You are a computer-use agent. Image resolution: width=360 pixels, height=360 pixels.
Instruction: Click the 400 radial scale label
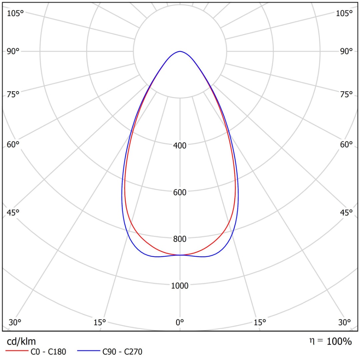click(x=180, y=145)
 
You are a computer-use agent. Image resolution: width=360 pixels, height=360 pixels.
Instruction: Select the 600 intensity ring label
click(x=180, y=192)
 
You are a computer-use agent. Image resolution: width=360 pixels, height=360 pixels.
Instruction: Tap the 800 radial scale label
click(x=180, y=239)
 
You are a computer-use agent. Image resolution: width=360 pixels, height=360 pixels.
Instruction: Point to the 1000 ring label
click(x=180, y=286)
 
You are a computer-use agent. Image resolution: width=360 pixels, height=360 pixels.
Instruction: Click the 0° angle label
click(x=180, y=322)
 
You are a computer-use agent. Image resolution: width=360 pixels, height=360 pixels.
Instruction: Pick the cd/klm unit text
click(x=21, y=341)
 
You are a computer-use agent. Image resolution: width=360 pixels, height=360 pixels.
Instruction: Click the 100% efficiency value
click(x=339, y=341)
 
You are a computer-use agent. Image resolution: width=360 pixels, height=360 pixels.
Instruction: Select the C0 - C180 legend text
click(x=48, y=351)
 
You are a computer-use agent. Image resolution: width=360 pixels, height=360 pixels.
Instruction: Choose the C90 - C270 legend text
click(x=122, y=351)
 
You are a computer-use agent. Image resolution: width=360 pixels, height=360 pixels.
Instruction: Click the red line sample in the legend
click(x=16, y=351)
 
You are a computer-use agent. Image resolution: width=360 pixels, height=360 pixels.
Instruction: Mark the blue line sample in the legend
click(x=88, y=351)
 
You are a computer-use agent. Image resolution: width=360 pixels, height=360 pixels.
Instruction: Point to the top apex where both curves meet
click(x=180, y=51)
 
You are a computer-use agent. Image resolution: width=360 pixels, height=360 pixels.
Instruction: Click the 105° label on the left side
click(x=15, y=13)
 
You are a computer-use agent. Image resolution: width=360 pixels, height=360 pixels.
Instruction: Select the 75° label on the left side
click(x=13, y=95)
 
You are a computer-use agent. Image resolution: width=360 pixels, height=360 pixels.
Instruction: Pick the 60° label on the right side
click(x=346, y=145)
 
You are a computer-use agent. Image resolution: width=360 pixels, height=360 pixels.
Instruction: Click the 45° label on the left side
click(x=13, y=213)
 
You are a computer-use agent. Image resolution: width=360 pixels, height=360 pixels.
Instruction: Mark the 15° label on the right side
click(x=260, y=322)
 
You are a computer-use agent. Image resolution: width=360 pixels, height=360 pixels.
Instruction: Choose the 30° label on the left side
click(x=15, y=322)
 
